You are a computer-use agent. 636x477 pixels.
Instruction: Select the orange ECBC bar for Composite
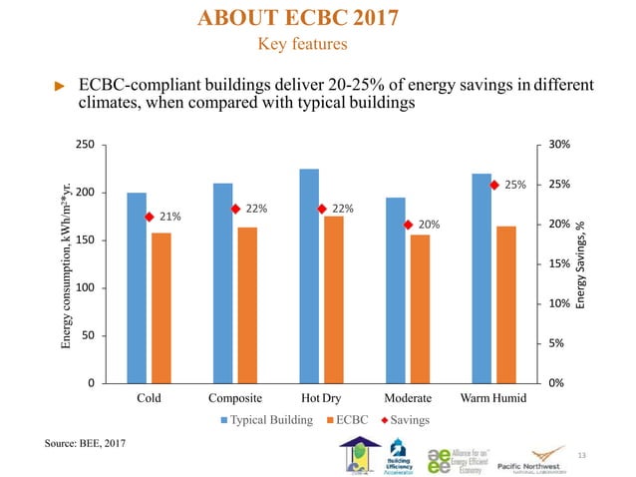247,304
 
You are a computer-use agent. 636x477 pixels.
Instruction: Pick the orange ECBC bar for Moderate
420,308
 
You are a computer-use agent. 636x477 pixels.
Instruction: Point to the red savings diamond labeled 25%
494,185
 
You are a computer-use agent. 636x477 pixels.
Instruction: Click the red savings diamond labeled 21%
149,217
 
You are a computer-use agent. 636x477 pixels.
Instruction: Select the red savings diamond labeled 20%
408,225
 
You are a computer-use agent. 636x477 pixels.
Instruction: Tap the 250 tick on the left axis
87,145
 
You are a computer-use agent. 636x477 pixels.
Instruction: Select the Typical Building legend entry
270,420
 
